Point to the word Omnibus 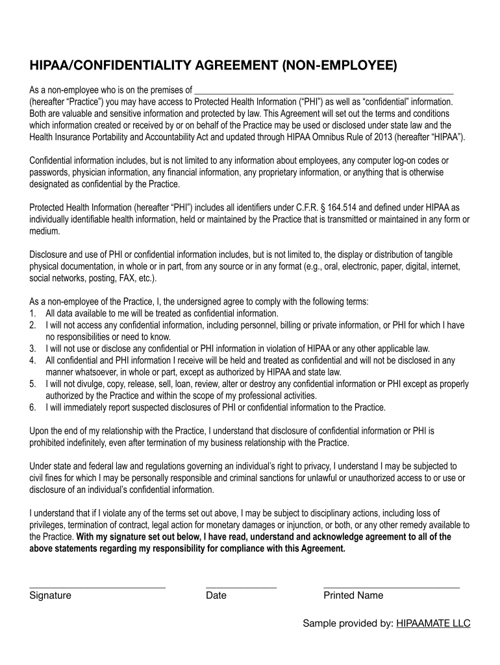[316, 137]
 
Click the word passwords [48, 172]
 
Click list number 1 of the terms [32, 313]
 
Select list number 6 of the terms [32, 408]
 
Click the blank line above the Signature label [97, 587]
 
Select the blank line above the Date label [241, 587]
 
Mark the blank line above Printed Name [391, 587]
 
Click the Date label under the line [216, 596]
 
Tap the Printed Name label [353, 596]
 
